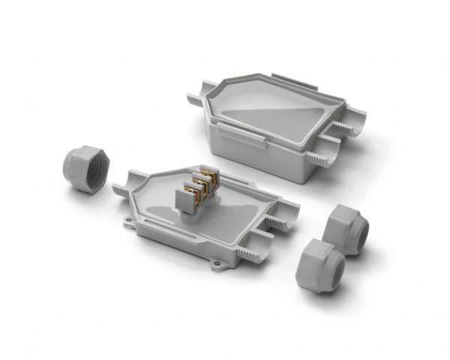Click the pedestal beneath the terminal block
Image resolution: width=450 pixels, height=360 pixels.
196,213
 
